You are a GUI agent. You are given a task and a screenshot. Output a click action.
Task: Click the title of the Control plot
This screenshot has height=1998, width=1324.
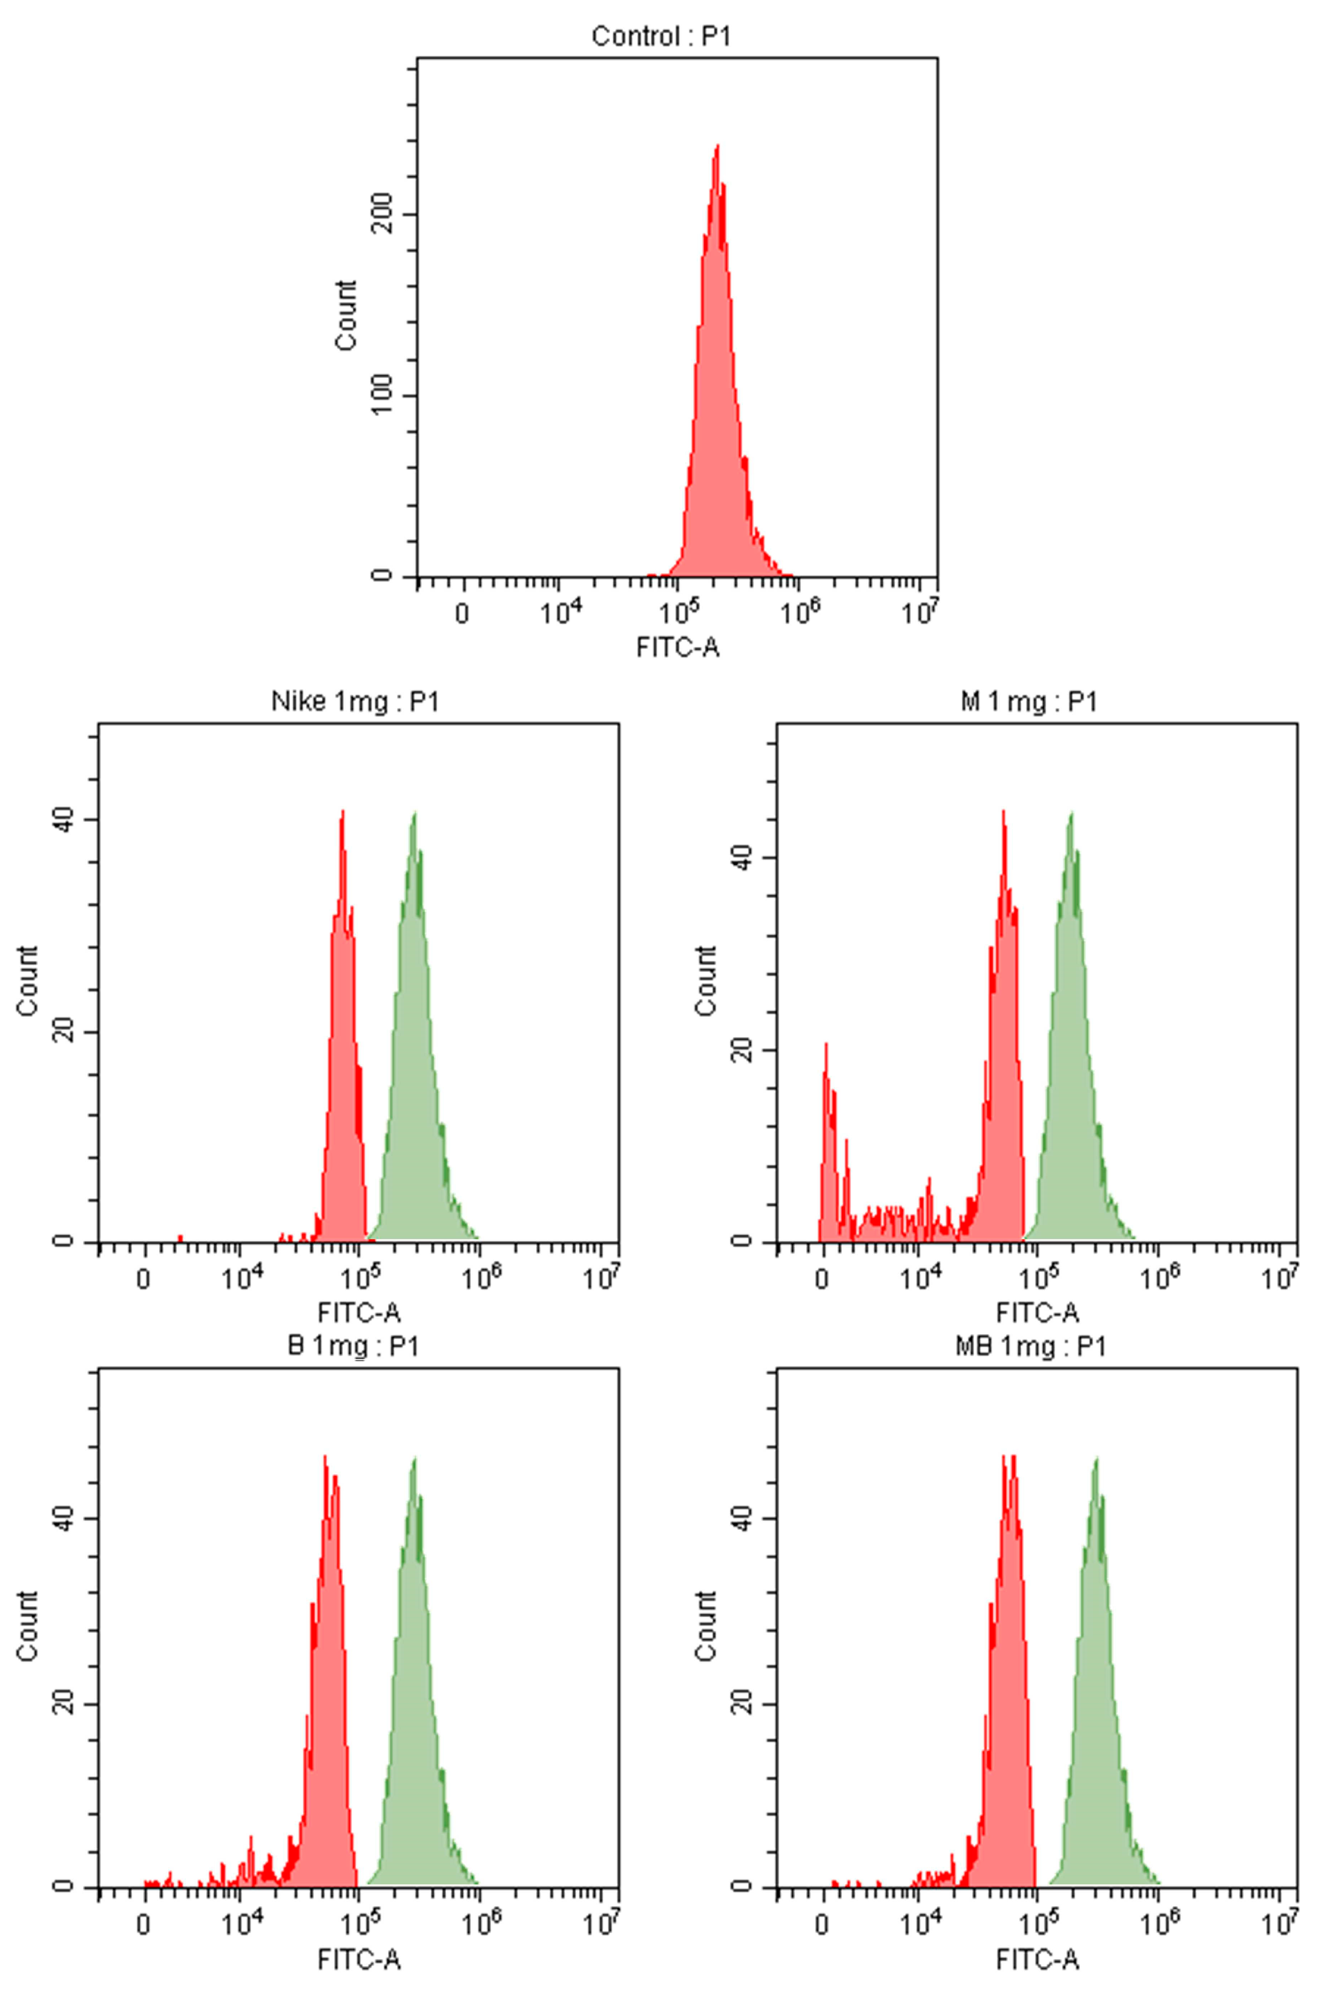(x=660, y=36)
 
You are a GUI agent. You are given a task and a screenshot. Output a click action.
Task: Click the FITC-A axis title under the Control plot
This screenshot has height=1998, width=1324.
(x=677, y=648)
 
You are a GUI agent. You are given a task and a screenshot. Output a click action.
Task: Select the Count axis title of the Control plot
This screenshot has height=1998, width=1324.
(x=346, y=315)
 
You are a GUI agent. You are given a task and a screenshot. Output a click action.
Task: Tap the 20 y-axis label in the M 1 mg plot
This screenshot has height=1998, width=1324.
(x=741, y=1051)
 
